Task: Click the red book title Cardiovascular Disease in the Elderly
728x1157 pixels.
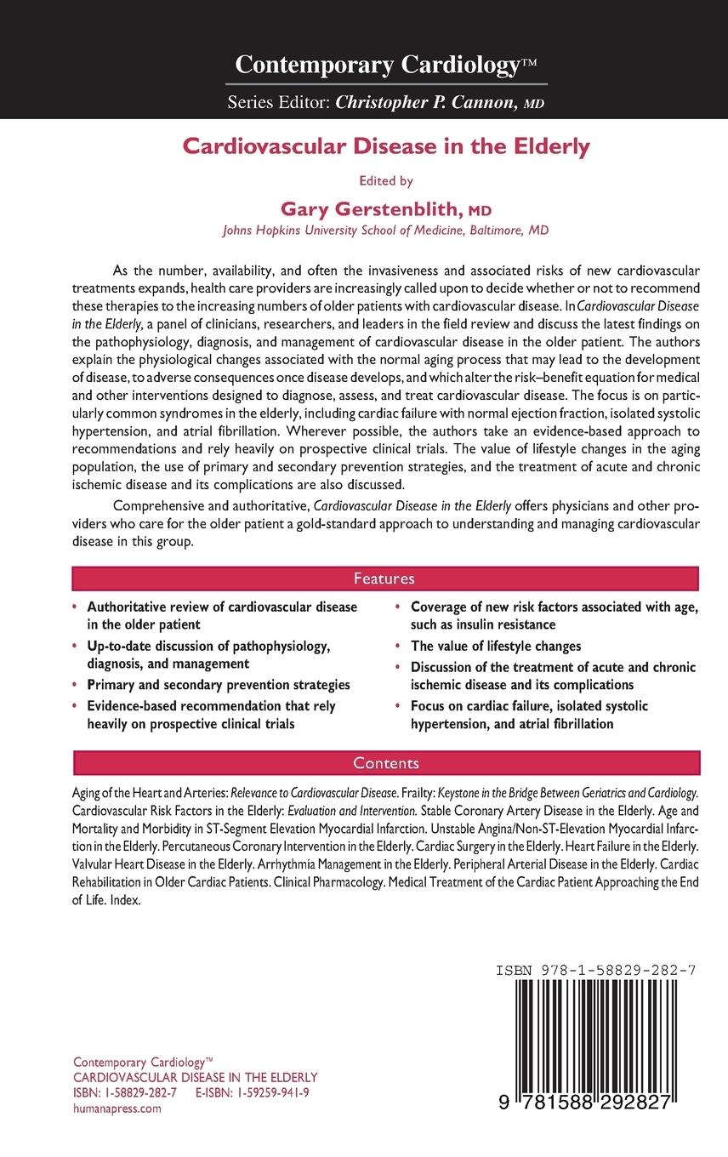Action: [x=387, y=146]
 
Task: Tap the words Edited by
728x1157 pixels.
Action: [x=387, y=181]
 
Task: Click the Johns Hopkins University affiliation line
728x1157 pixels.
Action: [x=385, y=230]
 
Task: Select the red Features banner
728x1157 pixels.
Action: [x=384, y=579]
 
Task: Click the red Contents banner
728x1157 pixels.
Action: [x=386, y=763]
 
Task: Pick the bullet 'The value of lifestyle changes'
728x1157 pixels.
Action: [x=496, y=646]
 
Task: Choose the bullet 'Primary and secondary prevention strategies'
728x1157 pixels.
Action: [x=219, y=685]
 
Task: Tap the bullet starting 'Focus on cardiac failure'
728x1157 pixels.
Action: [x=529, y=715]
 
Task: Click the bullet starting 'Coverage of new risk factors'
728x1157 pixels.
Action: [x=554, y=616]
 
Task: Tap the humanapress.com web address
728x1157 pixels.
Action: [x=117, y=1109]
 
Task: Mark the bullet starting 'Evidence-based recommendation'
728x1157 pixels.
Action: [x=211, y=715]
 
